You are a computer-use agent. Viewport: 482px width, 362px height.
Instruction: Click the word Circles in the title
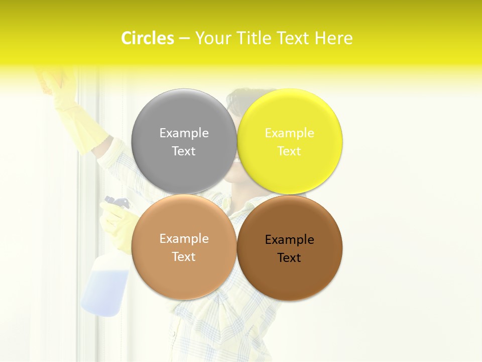[148, 38]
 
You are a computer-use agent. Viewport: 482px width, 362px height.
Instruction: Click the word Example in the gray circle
[184, 133]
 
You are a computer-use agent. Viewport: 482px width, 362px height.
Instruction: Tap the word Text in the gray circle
[184, 151]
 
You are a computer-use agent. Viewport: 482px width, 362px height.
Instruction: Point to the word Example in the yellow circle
[290, 133]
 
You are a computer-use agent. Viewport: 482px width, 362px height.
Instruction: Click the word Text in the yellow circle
[290, 151]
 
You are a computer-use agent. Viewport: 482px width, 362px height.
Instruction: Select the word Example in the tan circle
[184, 239]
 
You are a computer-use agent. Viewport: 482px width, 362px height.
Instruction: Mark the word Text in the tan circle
[184, 257]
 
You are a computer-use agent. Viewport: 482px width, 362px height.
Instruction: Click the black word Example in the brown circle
[290, 240]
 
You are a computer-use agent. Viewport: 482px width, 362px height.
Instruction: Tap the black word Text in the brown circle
[290, 258]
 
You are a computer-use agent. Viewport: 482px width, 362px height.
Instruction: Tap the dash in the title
[184, 39]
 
